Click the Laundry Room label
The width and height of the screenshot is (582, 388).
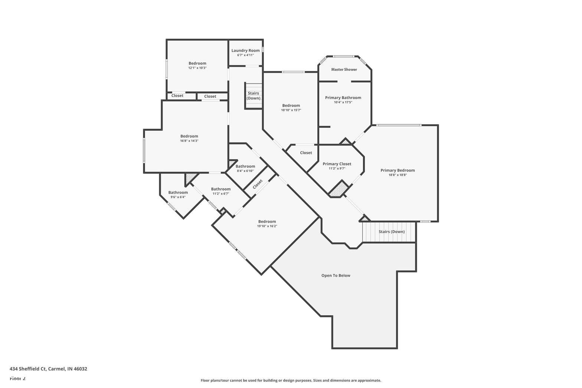[246, 50]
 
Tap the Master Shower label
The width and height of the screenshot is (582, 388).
[344, 69]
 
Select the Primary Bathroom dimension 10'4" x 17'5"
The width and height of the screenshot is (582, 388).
[343, 102]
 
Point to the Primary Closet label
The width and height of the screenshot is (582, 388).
[337, 164]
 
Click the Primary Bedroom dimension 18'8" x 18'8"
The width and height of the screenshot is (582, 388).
[398, 175]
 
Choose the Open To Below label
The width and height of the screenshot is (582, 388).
[336, 275]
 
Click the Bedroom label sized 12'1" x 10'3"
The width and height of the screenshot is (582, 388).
[197, 63]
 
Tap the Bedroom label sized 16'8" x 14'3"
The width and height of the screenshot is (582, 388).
[189, 136]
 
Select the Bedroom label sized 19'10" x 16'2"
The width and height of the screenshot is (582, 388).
[267, 221]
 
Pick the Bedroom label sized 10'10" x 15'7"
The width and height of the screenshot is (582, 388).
[291, 105]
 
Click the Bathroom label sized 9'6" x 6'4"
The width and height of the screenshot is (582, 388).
[178, 192]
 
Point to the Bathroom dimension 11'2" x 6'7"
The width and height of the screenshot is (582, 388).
[221, 193]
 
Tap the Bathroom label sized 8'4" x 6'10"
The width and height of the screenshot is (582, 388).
[245, 166]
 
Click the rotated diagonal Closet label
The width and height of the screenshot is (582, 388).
[258, 184]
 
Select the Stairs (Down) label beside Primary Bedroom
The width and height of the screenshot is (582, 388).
[392, 232]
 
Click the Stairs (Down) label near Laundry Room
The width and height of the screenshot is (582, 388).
[253, 96]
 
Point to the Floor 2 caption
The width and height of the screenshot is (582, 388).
[18, 378]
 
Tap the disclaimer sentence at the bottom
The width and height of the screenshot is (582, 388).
[291, 381]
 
